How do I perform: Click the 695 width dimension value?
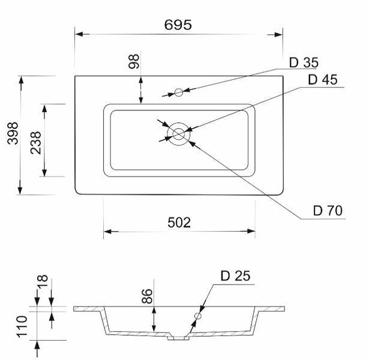(x=178, y=25)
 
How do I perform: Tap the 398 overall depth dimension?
(x=13, y=133)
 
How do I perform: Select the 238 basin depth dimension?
(x=36, y=143)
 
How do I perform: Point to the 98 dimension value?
(x=134, y=61)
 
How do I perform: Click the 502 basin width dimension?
(x=179, y=223)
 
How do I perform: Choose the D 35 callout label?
(x=304, y=62)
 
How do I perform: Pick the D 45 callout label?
(x=322, y=80)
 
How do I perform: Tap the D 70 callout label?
(x=328, y=211)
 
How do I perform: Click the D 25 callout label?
(x=235, y=276)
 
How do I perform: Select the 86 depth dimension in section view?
(x=147, y=296)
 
